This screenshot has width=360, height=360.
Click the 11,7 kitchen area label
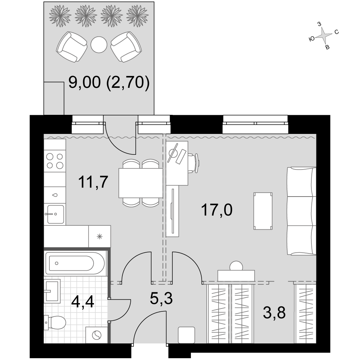pos(93,182)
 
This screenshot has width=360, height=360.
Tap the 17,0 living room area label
pos(216,210)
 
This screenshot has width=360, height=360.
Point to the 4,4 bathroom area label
pos(83,301)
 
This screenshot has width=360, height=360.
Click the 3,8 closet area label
pos(274,312)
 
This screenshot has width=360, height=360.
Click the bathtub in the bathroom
pos(75,264)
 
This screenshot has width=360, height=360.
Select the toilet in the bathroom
pos(55,323)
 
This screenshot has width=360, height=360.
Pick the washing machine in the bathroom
pos(96,335)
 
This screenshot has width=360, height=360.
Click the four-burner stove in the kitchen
pos(55,161)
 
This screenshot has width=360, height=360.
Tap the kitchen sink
pos(55,214)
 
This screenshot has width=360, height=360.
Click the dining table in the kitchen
pos(141,183)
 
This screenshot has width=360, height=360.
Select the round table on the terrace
pos(99,45)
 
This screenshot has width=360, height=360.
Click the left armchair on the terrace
pos(71,47)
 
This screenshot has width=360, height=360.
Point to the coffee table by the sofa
pos(263,211)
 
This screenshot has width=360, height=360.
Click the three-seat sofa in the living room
pos(301,211)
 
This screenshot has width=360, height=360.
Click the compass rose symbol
pos(324,36)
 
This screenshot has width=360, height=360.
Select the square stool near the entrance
pos(186,335)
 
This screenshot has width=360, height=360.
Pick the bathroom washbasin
pos(52,291)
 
